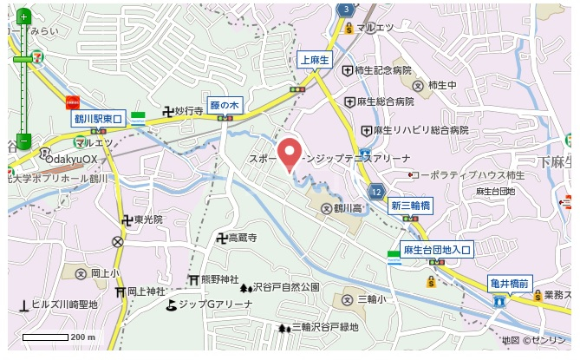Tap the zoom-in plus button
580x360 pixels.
point(23,16)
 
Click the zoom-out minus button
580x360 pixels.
point(23,141)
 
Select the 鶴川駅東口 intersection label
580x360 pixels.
point(100,117)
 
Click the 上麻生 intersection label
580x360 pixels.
point(313,60)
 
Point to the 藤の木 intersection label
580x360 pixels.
point(225,105)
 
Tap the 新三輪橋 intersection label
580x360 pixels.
point(410,206)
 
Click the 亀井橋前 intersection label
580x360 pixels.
point(510,283)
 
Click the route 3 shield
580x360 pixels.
point(346,9)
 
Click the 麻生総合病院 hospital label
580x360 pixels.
point(380,101)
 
